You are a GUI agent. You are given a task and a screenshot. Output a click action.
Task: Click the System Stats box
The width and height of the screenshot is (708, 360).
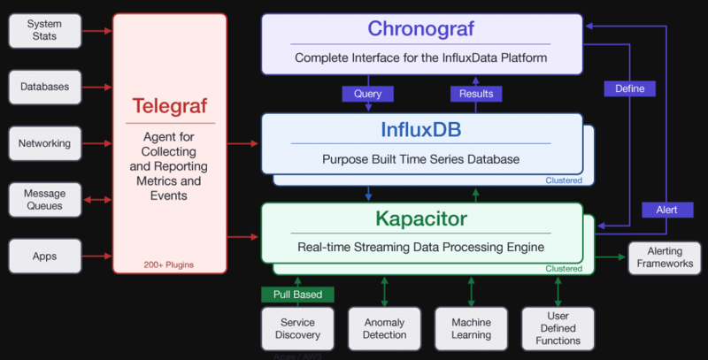[x=44, y=31]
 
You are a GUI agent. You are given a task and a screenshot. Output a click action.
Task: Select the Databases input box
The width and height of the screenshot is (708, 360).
[x=44, y=87]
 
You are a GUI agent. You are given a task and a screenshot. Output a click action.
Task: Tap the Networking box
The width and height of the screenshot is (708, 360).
[x=44, y=143]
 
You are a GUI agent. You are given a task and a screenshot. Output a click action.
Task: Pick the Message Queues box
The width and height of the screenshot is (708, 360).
[x=44, y=200]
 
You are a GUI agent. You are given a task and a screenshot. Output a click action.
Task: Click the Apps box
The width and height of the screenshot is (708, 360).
[x=44, y=256]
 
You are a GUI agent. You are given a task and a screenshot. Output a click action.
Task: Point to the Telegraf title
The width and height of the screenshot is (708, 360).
[x=169, y=107]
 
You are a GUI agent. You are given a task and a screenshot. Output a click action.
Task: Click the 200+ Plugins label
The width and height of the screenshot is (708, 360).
[x=169, y=264]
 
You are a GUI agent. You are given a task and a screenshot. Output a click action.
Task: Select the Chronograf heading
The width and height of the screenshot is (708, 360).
[x=421, y=28]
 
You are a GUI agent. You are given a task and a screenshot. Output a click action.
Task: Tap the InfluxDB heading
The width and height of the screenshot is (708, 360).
[x=421, y=129]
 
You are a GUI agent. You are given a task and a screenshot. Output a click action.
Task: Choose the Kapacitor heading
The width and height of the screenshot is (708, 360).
[x=421, y=218]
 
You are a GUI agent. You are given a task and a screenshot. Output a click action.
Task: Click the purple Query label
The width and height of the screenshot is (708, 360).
[x=368, y=93]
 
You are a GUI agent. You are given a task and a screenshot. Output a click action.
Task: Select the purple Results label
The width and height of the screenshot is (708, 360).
[x=476, y=93]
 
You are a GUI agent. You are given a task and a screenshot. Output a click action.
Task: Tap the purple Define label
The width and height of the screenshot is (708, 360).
[x=629, y=88]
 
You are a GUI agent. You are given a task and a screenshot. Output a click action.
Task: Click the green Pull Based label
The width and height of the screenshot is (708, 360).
[x=297, y=294]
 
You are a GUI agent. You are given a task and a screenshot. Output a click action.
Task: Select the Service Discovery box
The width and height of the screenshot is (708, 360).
[x=297, y=328]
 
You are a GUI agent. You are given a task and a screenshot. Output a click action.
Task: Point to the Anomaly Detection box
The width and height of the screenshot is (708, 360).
[x=384, y=328]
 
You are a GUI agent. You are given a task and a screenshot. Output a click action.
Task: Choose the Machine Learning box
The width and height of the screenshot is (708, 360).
[x=471, y=328]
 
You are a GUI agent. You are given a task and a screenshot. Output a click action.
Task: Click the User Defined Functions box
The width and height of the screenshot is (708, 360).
[x=558, y=328]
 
